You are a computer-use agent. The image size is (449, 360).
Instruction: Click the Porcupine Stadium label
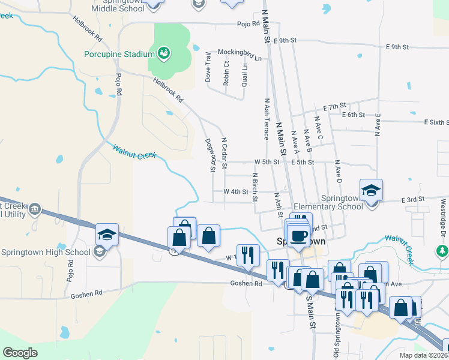tap(119, 55)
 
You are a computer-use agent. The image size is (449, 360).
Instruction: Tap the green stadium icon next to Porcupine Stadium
tap(163, 54)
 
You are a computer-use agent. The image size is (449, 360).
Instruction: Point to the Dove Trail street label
tap(208, 67)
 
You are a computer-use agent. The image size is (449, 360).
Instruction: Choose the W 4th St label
tap(236, 191)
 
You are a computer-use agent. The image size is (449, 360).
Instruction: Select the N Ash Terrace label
tap(266, 119)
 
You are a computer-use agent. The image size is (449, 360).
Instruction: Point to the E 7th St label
tap(335, 106)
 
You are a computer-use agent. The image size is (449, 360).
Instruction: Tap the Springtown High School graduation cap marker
tap(107, 235)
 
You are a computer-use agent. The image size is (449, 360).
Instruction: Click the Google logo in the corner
tap(20, 353)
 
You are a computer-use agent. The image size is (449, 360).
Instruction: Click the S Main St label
tap(311, 311)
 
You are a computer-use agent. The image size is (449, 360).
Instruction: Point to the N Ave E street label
tap(378, 124)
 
